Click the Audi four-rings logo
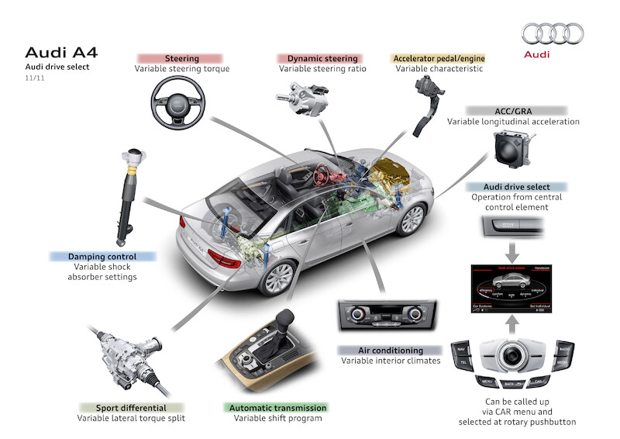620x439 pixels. click(x=553, y=33)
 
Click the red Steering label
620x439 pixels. click(x=181, y=58)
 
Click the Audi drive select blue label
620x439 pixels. click(x=516, y=187)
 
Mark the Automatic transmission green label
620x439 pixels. click(x=277, y=407)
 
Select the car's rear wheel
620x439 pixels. click(x=280, y=275)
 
